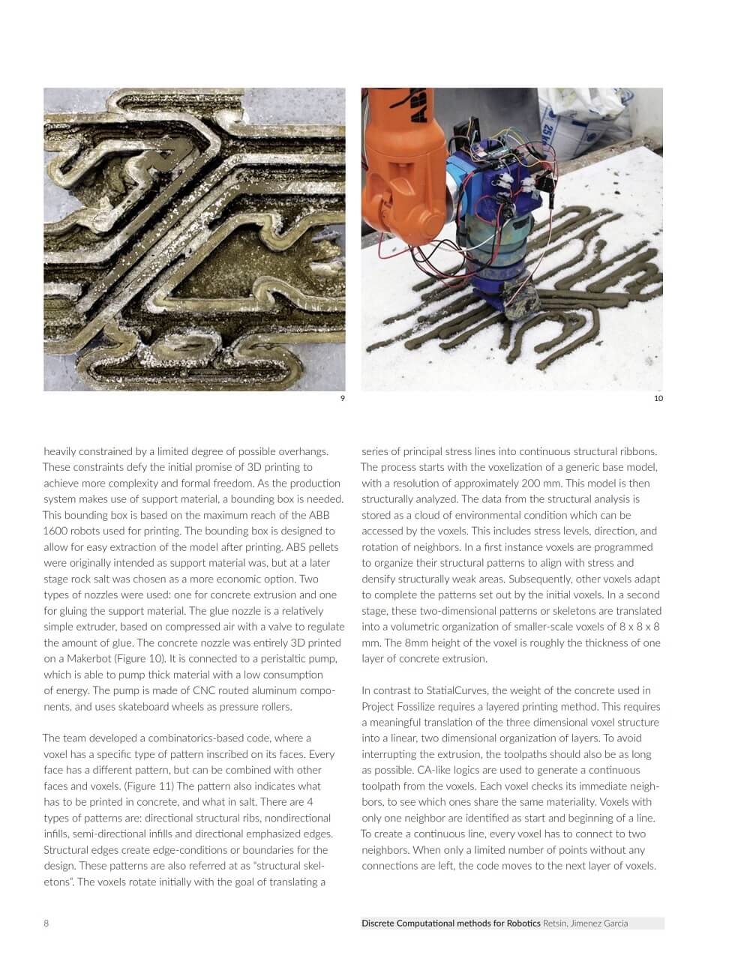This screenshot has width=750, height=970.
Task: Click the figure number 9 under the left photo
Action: [343, 398]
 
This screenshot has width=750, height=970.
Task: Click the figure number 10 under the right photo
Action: [658, 398]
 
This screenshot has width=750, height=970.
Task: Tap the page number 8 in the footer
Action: [46, 923]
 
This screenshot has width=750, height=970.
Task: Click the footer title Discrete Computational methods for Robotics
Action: [451, 923]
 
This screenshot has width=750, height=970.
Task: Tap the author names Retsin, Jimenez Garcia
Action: [586, 923]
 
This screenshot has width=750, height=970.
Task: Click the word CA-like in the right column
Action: [423, 770]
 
